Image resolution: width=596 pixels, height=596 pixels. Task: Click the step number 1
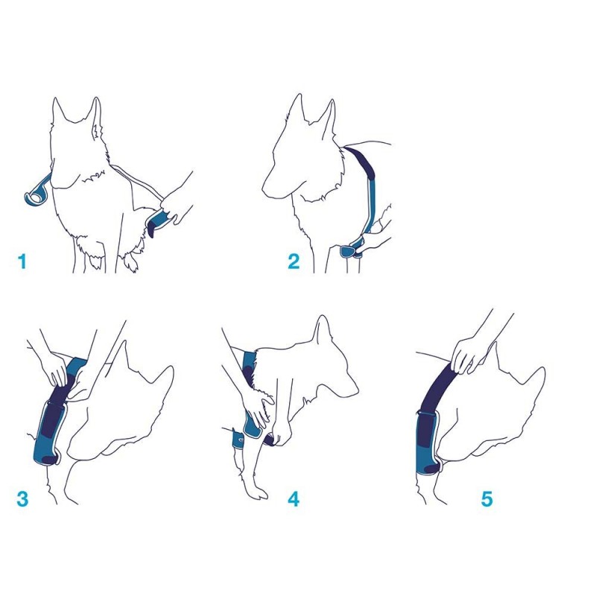[x=22, y=261]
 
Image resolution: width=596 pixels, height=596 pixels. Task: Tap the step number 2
[x=294, y=261]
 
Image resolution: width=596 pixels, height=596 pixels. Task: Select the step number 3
[x=22, y=498]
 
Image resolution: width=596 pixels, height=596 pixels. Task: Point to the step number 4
[x=294, y=498]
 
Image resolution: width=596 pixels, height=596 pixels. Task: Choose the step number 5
[x=486, y=498]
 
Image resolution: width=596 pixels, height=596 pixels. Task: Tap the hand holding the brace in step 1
[x=177, y=203]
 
